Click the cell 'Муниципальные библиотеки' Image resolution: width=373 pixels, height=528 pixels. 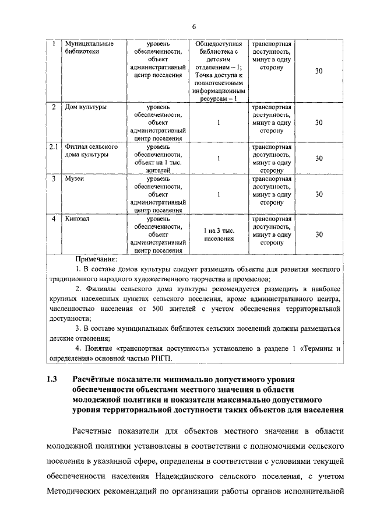(x=89, y=47)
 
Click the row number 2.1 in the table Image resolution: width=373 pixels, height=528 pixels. (x=54, y=147)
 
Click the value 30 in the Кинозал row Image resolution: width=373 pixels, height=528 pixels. (x=319, y=235)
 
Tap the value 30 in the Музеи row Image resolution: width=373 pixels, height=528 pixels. (x=319, y=194)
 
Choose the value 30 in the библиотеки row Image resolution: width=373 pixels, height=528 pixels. (x=319, y=71)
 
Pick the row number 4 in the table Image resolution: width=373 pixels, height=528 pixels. (x=53, y=219)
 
